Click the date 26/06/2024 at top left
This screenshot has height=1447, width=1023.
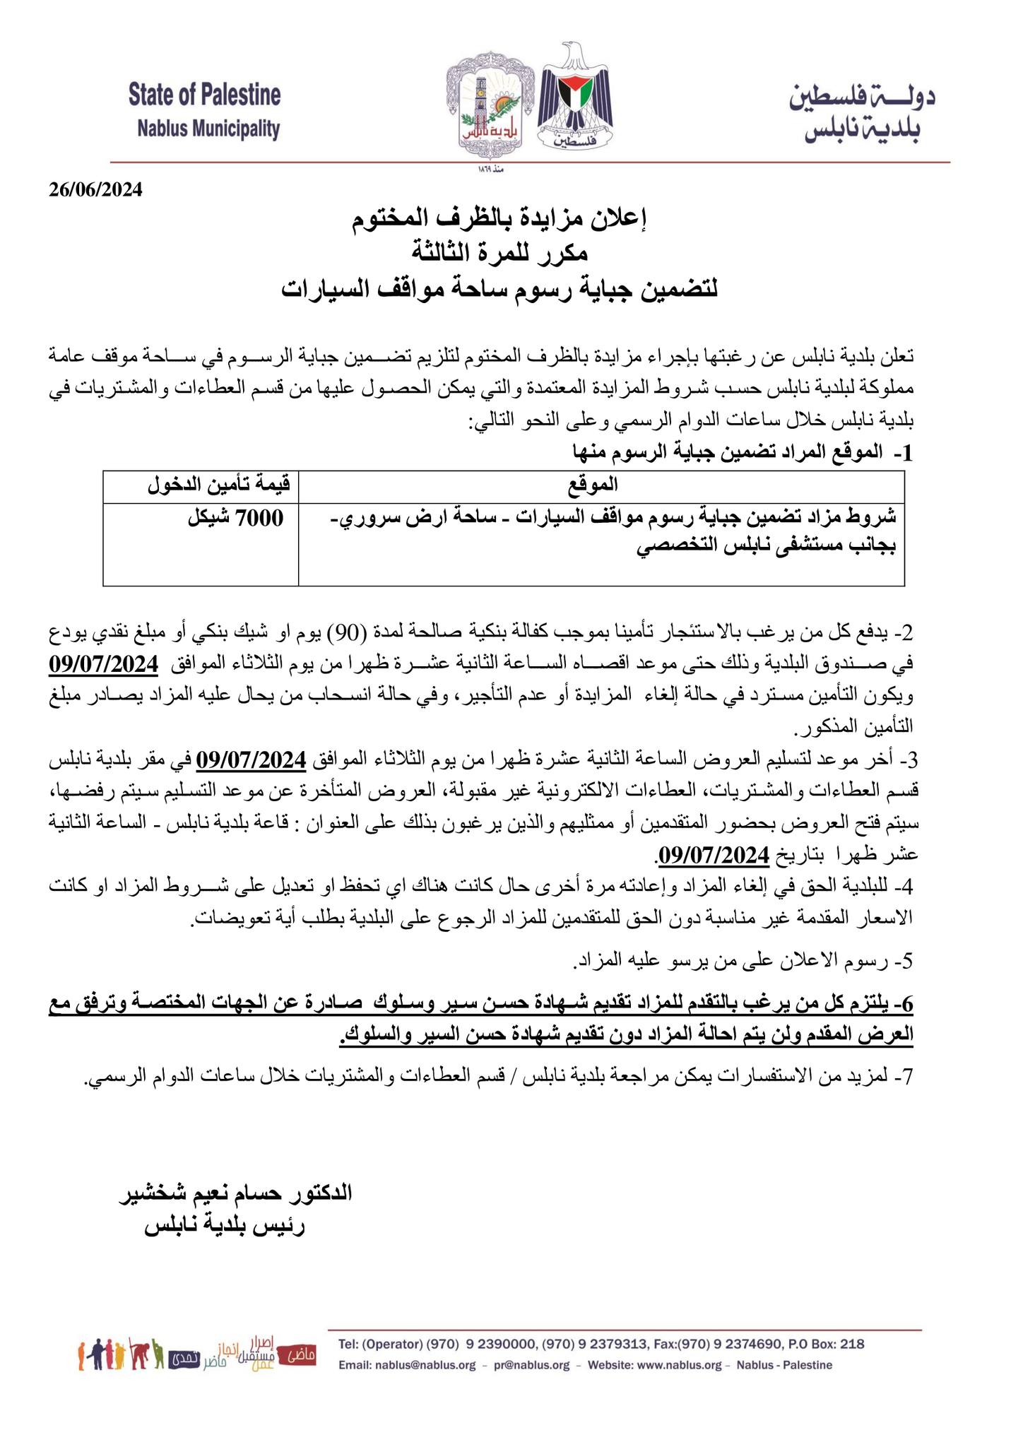(x=95, y=189)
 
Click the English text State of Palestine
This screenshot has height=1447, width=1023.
(x=204, y=95)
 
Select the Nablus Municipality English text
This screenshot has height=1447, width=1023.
(x=208, y=129)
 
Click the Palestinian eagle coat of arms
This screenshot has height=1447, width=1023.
(x=575, y=98)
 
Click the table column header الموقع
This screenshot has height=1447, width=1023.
(x=601, y=485)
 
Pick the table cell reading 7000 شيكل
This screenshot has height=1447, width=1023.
(x=235, y=519)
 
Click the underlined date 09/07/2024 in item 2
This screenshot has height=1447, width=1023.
(x=103, y=665)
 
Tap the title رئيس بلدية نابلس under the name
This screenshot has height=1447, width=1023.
(x=224, y=1227)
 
